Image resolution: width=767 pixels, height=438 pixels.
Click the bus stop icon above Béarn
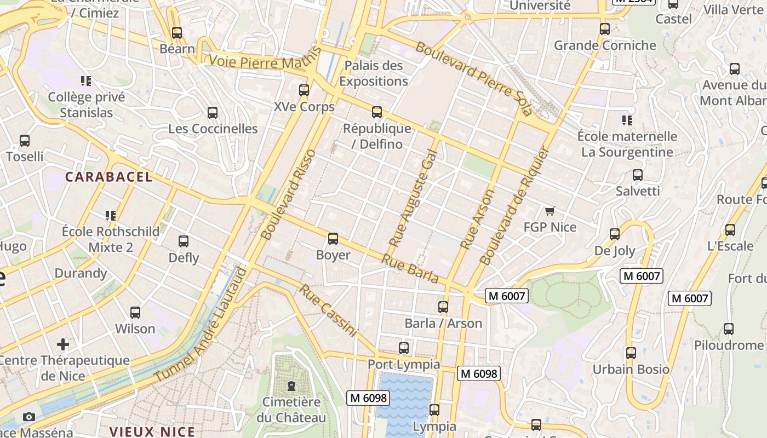pos(176,32)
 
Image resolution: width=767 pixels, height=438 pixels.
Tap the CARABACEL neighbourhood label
pos(109,177)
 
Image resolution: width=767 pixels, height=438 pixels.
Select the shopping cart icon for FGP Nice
pos(550,211)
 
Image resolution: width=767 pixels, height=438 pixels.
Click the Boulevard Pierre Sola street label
pos(473,78)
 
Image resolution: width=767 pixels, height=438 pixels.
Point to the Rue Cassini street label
pos(328,310)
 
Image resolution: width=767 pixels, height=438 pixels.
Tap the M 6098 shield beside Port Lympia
pos(479,373)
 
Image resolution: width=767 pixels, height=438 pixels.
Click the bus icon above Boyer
pos(333,239)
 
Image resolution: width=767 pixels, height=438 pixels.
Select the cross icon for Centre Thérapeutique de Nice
pos(63,344)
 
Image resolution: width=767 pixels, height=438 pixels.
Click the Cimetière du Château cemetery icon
pos(291,386)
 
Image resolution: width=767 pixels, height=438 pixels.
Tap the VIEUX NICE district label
pos(152,431)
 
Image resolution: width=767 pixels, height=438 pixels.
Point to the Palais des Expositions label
pos(374,73)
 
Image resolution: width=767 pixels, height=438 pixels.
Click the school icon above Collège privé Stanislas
pos(86,81)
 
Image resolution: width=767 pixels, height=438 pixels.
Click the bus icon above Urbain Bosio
pos(631,353)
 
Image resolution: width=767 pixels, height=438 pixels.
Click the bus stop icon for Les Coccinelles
pos(213,113)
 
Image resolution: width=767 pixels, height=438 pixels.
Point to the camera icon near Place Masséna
pos(29,417)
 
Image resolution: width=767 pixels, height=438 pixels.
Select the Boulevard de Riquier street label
pos(513,205)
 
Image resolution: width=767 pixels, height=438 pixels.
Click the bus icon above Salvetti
pos(637,175)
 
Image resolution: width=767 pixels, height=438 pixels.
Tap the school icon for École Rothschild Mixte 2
pos(111,216)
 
